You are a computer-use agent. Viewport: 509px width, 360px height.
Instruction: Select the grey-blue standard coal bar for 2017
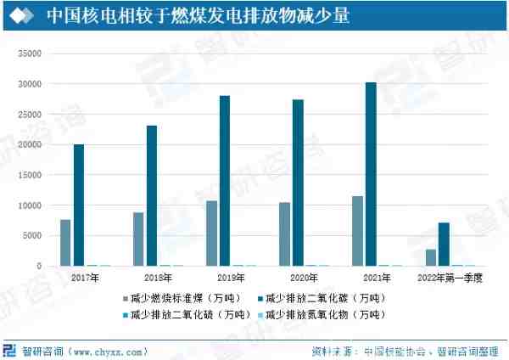pyautogui.click(x=65, y=243)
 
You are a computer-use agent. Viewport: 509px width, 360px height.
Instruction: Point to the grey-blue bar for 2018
pyautogui.click(x=138, y=239)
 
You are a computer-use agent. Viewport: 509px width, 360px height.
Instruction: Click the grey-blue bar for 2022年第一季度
pyautogui.click(x=431, y=257)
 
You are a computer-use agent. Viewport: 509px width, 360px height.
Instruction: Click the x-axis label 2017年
pyautogui.click(x=84, y=278)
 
